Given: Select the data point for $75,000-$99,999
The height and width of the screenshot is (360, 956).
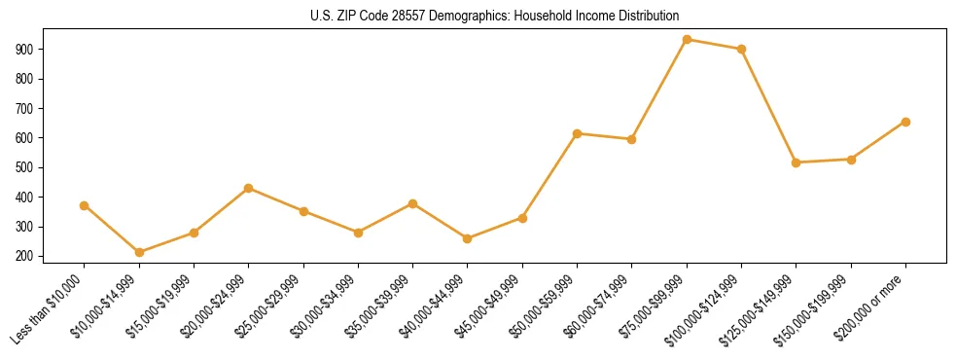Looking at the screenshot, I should tap(687, 40).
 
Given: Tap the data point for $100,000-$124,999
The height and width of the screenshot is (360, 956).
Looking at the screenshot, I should tap(741, 49).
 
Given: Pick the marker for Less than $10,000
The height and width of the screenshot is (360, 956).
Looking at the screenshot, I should tap(85, 205).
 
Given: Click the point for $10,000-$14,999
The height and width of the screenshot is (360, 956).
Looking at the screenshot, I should tap(139, 252).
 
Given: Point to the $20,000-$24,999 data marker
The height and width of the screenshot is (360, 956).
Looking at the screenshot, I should tap(249, 188).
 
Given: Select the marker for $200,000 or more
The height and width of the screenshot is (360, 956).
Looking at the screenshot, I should tap(905, 122).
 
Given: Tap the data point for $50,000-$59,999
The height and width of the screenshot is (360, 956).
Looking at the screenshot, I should tap(577, 133).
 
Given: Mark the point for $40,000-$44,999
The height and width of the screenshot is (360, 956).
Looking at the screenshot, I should tap(468, 238).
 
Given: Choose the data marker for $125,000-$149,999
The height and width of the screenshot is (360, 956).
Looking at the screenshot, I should tap(796, 162).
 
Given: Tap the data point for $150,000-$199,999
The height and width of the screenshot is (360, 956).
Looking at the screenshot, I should tap(851, 160).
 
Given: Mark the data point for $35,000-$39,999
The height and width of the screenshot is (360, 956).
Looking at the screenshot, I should tap(412, 203).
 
